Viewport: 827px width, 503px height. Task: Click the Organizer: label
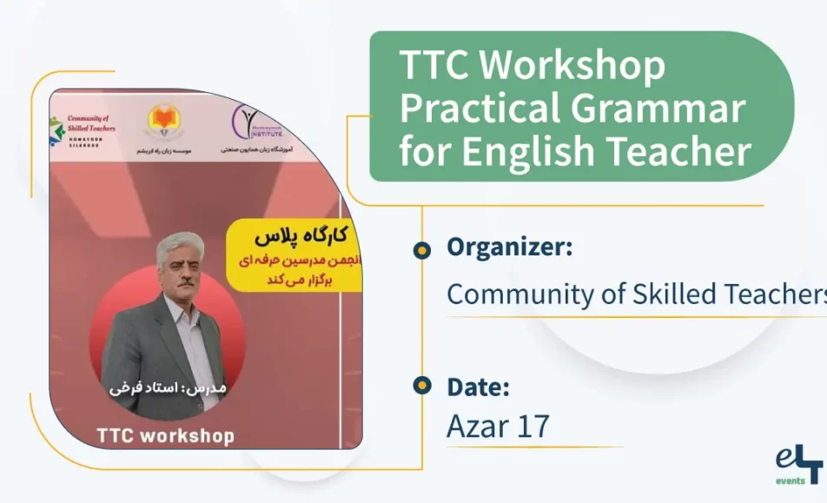tap(509, 248)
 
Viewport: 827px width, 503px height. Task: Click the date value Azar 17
tap(498, 427)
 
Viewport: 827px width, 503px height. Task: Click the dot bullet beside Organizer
tap(422, 250)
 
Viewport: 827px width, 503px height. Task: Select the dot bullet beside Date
tap(422, 385)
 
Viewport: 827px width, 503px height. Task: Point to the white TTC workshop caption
tap(165, 435)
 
